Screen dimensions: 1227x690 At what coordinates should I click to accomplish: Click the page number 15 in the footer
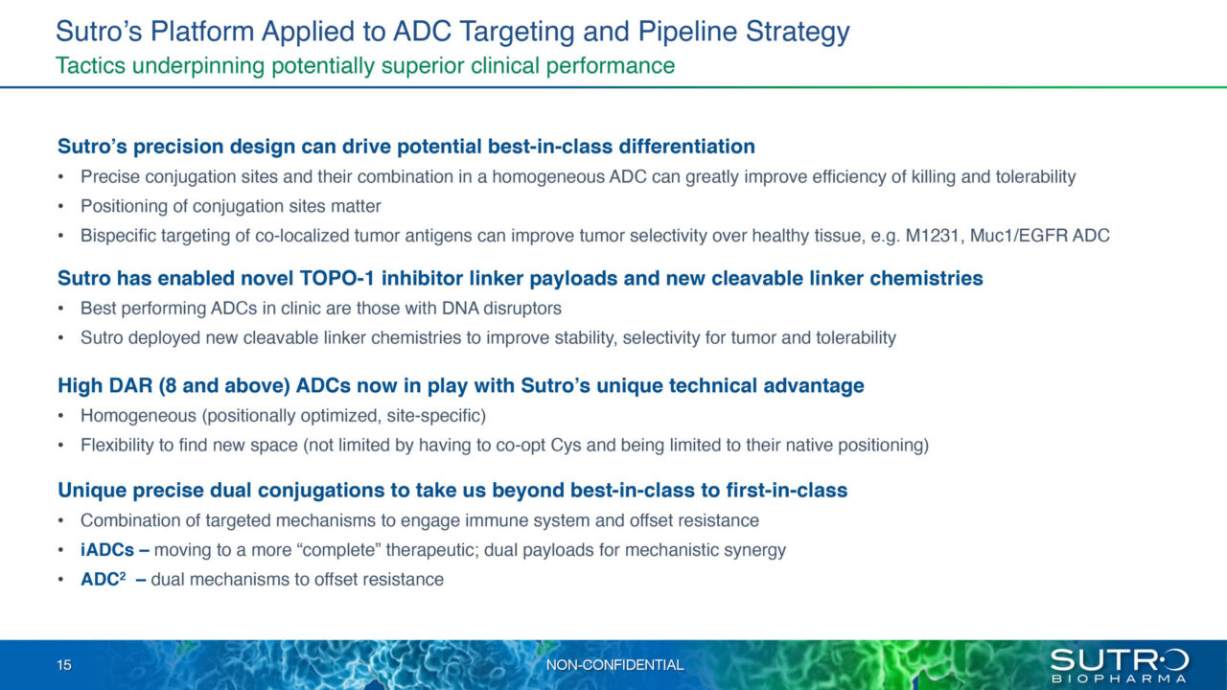pyautogui.click(x=64, y=665)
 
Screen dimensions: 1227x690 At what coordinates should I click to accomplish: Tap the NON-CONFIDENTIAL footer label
pyautogui.click(x=614, y=665)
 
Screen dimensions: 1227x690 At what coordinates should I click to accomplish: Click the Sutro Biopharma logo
pyautogui.click(x=1119, y=665)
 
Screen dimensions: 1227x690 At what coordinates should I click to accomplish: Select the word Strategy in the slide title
pyautogui.click(x=798, y=32)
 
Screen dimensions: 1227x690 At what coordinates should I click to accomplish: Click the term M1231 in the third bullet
pyautogui.click(x=935, y=236)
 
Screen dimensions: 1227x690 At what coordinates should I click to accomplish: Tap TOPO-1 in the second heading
pyautogui.click(x=336, y=278)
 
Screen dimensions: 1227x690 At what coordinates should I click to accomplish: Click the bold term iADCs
pyautogui.click(x=106, y=550)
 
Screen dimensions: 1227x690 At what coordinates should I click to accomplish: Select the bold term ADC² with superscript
pyautogui.click(x=103, y=579)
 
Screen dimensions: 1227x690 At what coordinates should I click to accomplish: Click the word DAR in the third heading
pyautogui.click(x=130, y=385)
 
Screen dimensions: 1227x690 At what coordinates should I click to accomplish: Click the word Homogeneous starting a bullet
pyautogui.click(x=138, y=416)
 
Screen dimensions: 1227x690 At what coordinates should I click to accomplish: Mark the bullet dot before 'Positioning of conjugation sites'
pyautogui.click(x=60, y=206)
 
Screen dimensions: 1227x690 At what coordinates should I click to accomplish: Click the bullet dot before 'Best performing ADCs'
pyautogui.click(x=60, y=309)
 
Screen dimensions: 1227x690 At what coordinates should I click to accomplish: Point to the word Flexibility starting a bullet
pyautogui.click(x=117, y=446)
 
